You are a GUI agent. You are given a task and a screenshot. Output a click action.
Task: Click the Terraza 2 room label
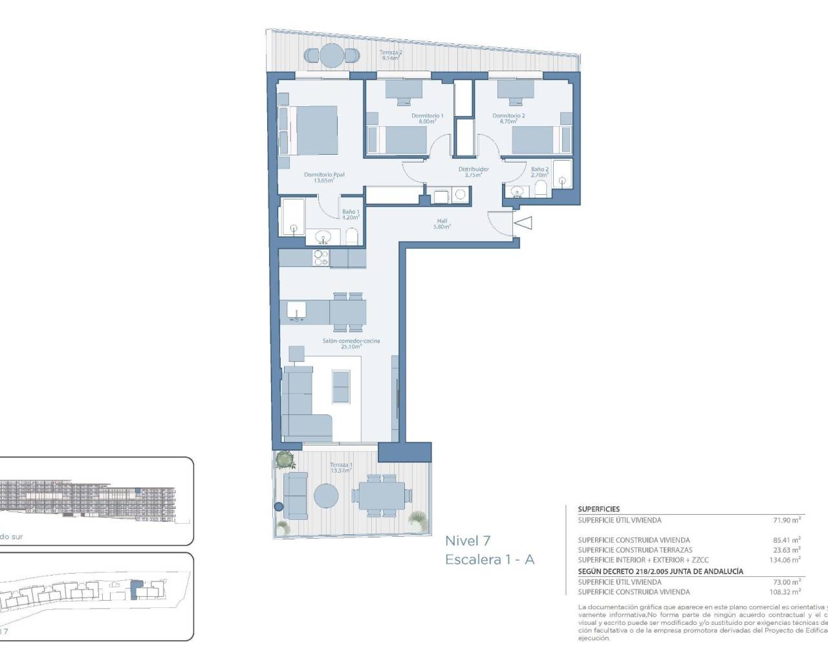(x=391, y=54)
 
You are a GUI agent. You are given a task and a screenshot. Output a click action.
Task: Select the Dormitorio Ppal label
(x=324, y=177)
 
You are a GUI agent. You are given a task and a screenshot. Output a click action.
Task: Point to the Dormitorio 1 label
(x=428, y=118)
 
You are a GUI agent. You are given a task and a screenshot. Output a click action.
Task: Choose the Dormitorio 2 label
(x=508, y=118)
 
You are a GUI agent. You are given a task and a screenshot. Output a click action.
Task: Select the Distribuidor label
(x=474, y=172)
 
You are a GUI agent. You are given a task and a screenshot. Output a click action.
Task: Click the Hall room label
(x=442, y=223)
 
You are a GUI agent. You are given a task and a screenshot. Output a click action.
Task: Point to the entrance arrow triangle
(x=523, y=223)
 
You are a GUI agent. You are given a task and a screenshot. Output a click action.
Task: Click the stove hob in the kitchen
(x=320, y=258)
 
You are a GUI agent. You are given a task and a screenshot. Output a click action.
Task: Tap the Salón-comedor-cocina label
(x=351, y=343)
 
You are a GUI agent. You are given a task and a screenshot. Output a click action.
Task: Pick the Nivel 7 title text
(x=468, y=541)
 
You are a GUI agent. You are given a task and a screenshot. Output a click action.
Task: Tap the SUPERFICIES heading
(x=598, y=509)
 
